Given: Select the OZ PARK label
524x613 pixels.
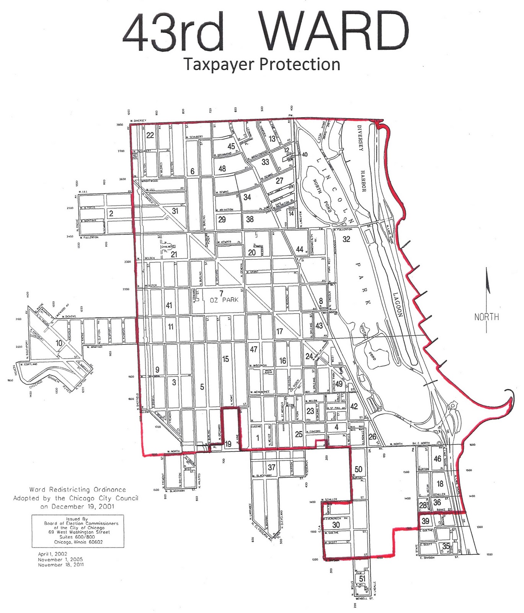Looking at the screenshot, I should [x=224, y=300].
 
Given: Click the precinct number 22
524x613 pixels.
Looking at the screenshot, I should [x=150, y=135].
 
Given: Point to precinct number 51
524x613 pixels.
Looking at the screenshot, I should [x=362, y=579].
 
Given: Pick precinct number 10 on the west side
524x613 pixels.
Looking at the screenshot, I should [x=59, y=343].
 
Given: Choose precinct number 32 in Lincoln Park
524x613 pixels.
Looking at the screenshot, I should [x=346, y=239].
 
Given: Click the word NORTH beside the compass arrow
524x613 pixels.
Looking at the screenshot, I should [x=486, y=317].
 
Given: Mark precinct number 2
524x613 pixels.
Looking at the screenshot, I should [x=111, y=213].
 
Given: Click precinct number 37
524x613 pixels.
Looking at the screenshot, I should [x=271, y=467].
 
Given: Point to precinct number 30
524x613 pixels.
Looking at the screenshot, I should [x=336, y=525].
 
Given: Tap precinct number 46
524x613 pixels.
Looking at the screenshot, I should [x=437, y=459].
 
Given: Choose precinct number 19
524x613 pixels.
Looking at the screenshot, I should [x=228, y=444].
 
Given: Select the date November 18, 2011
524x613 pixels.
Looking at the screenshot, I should [x=61, y=565].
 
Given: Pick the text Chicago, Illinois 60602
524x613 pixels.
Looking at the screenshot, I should [x=78, y=542].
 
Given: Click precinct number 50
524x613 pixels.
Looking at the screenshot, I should [x=358, y=469].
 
